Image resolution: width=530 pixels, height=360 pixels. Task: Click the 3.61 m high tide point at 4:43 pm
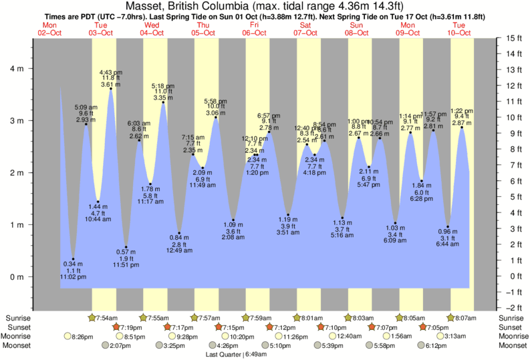[x=110, y=88]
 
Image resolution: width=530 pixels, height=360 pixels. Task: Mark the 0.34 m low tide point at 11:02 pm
[x=74, y=259]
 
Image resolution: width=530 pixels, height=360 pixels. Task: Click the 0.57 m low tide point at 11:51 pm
[x=126, y=247]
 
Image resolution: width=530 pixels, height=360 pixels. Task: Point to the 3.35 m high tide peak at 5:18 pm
[x=163, y=102]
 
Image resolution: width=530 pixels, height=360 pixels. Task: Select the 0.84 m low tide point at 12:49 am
[x=179, y=233]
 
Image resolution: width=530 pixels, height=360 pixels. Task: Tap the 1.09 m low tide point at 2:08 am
[x=233, y=220]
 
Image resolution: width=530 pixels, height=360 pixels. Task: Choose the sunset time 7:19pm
[x=132, y=327]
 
